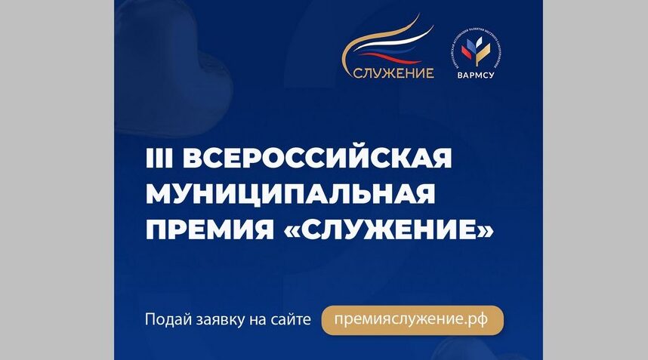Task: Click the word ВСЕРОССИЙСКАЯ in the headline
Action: pyautogui.click(x=317, y=159)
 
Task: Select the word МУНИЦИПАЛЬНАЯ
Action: pyautogui.click(x=290, y=194)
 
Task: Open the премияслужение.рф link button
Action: pyautogui.click(x=412, y=319)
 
